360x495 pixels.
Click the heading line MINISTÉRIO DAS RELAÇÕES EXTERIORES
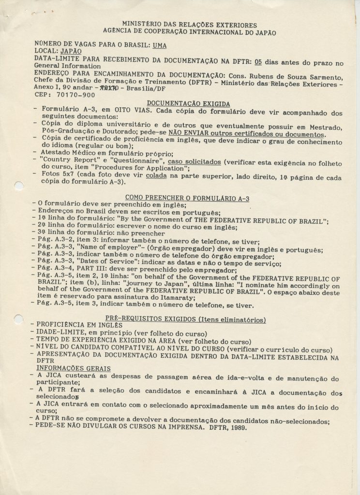coord(189,24)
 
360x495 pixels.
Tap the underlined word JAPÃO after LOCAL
coord(71,50)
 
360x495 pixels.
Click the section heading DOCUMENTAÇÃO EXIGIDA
coord(188,103)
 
